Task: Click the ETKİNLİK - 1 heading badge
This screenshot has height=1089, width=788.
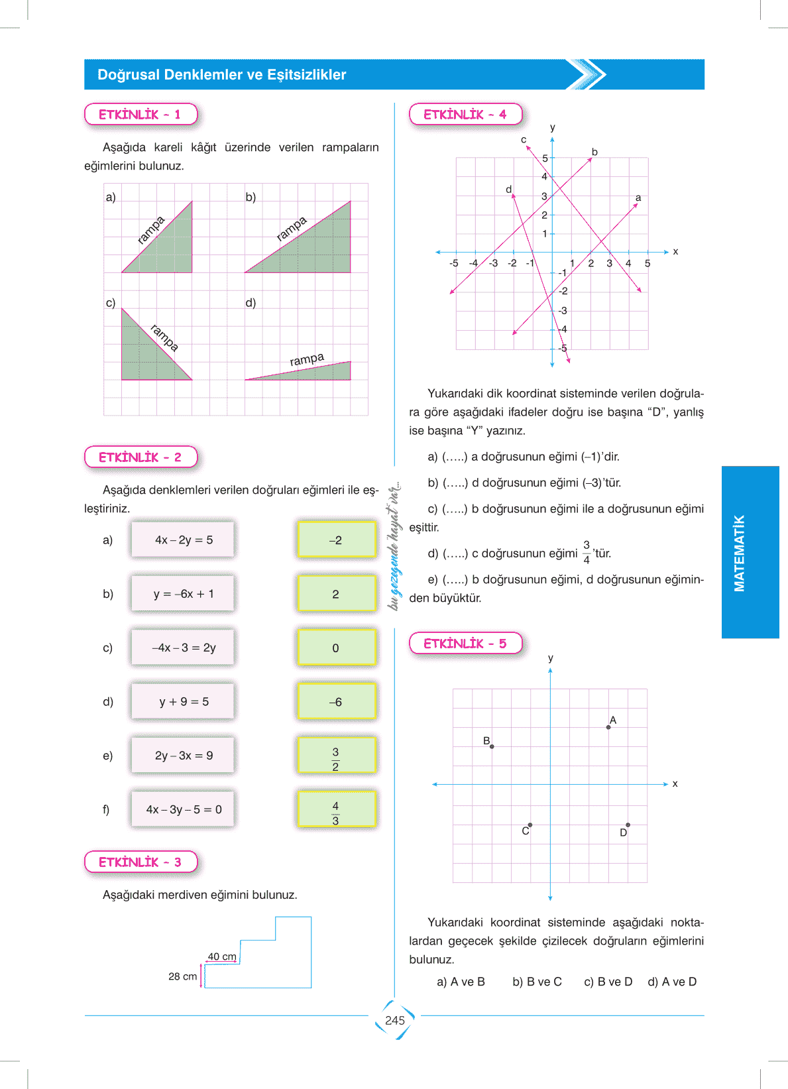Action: [141, 114]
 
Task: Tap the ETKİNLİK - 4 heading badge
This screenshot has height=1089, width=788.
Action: [465, 114]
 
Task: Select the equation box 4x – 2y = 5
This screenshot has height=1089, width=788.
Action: [183, 540]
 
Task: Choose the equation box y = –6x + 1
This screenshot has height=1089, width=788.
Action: [183, 594]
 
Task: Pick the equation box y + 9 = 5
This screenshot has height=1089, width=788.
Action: [183, 701]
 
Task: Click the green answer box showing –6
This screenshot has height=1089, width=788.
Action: [337, 701]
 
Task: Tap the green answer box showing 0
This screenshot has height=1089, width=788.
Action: [337, 648]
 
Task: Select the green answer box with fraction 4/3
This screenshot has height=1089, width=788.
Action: [337, 809]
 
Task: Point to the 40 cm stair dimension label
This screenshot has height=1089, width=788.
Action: [222, 956]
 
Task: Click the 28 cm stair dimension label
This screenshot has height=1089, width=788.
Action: [182, 976]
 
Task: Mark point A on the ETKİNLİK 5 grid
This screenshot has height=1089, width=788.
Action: [608, 727]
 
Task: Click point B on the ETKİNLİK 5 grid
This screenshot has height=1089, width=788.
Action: [492, 746]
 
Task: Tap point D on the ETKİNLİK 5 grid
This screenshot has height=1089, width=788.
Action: [628, 825]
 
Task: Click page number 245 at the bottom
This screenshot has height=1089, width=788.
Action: [395, 1021]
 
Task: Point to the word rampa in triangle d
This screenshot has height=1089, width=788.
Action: [307, 359]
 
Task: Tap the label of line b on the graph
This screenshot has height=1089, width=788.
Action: [594, 152]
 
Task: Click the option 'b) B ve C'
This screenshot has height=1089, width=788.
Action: [537, 982]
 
